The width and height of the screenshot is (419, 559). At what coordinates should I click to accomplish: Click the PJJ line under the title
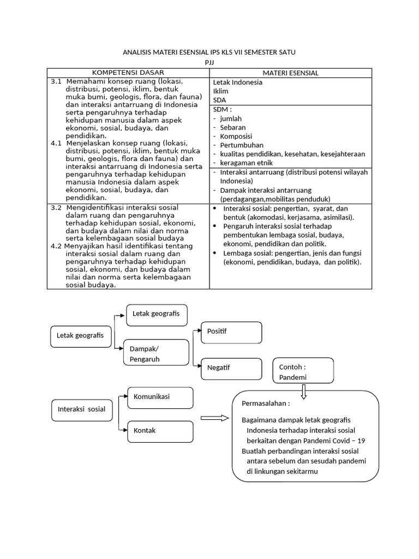tap(209, 63)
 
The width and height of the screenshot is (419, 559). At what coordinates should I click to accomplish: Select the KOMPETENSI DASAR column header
tap(128, 73)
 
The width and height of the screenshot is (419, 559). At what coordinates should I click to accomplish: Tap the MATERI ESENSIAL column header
tap(290, 73)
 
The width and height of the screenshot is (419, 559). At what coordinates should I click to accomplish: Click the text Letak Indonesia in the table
tap(237, 82)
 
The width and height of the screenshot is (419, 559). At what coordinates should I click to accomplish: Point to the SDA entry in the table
tap(219, 100)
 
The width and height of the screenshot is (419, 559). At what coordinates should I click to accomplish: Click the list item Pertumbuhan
tap(242, 145)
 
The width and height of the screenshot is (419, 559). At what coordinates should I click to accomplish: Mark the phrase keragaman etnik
tap(246, 163)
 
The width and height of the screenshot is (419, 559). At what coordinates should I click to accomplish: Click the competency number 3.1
tap(56, 81)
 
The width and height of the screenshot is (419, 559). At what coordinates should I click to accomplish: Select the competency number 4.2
tap(56, 246)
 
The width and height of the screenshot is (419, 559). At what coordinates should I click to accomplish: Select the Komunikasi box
tap(160, 397)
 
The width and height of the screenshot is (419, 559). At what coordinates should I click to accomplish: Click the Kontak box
tap(160, 431)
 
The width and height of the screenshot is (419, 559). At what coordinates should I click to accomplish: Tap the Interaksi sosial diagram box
tap(82, 409)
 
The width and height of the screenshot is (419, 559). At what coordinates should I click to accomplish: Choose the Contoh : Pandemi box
tap(303, 372)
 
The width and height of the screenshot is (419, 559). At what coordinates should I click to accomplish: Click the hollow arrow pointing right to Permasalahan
tap(214, 418)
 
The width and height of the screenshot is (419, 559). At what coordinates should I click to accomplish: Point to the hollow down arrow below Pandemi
tap(303, 391)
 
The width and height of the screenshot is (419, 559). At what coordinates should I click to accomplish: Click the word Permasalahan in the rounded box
tap(266, 404)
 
